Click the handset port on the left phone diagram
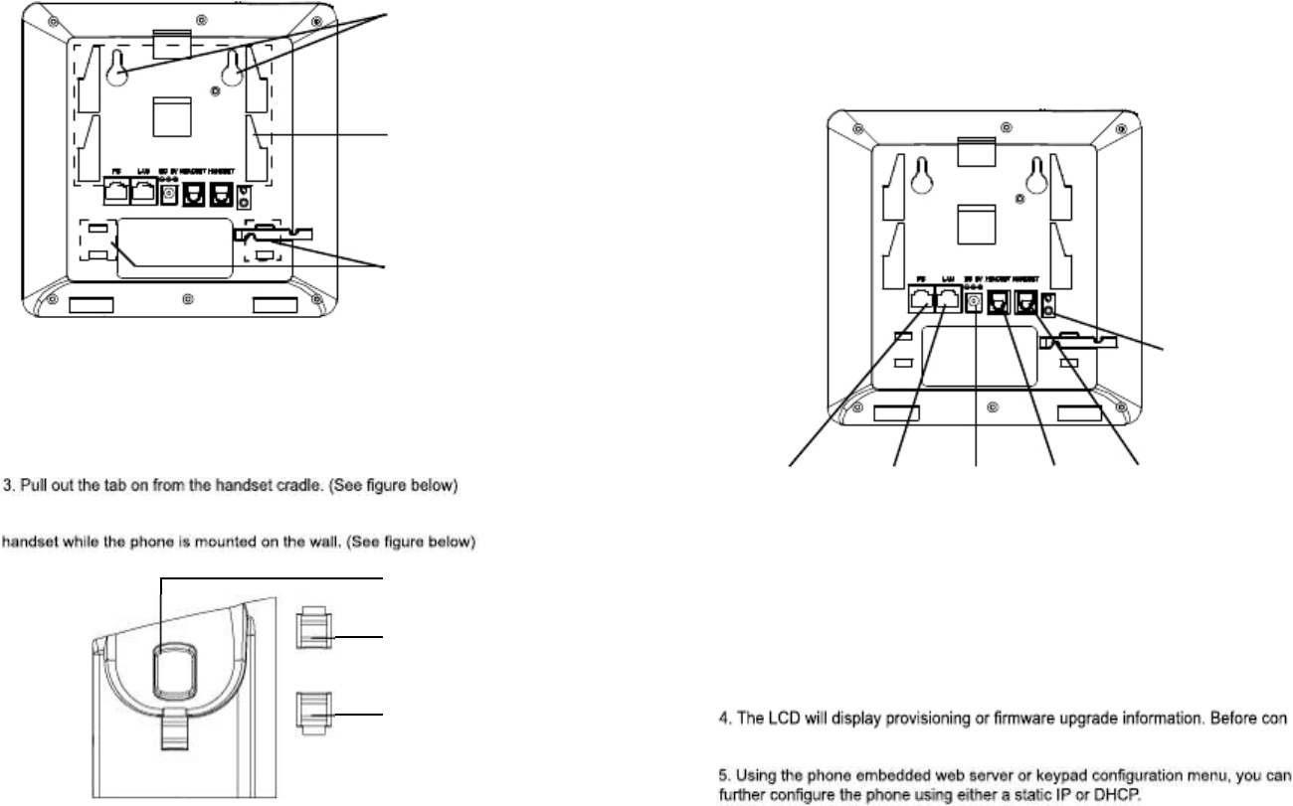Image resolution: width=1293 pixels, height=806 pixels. coord(215,196)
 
